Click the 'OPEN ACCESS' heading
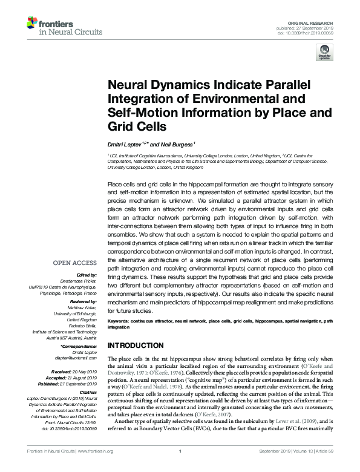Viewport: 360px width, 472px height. pyautogui.click(x=75, y=263)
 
